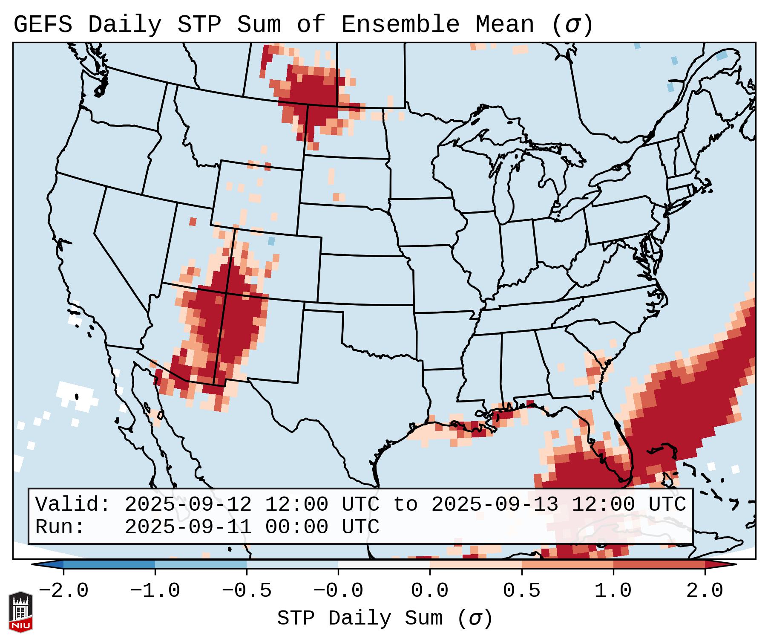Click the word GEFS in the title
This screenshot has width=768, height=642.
click(x=43, y=25)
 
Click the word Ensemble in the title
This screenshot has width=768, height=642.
click(x=400, y=25)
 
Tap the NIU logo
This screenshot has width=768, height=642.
click(x=20, y=612)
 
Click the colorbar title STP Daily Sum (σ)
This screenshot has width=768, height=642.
click(x=385, y=619)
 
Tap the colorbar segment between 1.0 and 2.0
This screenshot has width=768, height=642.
click(x=659, y=564)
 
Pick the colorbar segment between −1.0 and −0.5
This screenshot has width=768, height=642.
click(x=201, y=564)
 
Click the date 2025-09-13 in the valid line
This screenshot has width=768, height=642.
click(x=495, y=505)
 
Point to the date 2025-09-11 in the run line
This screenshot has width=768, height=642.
click(x=188, y=527)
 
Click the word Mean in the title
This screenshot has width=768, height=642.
click(x=504, y=25)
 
